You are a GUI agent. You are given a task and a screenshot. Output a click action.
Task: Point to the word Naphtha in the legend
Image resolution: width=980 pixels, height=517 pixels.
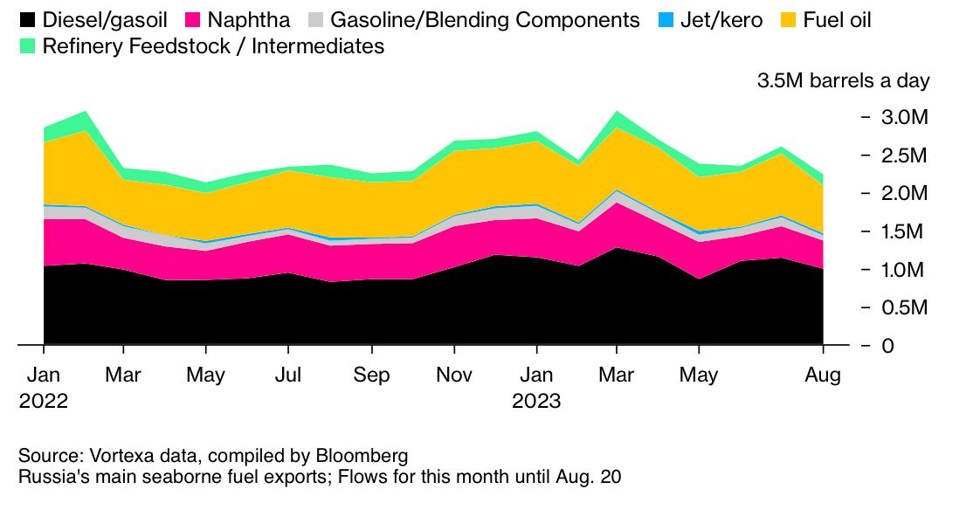(x=249, y=20)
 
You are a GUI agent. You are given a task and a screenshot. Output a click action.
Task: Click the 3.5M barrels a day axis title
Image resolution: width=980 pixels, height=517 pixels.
(x=843, y=81)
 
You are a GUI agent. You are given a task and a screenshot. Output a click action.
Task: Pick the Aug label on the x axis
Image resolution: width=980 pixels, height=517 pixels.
(x=823, y=376)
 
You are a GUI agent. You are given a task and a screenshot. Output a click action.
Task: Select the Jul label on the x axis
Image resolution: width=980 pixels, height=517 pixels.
(x=288, y=376)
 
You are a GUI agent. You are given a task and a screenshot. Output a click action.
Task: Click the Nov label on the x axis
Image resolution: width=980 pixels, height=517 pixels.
(x=453, y=376)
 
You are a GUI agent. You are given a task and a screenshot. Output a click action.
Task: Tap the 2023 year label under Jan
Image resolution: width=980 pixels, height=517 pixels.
(x=535, y=402)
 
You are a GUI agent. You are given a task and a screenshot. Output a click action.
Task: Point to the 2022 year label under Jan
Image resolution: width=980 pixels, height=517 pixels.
(x=43, y=402)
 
